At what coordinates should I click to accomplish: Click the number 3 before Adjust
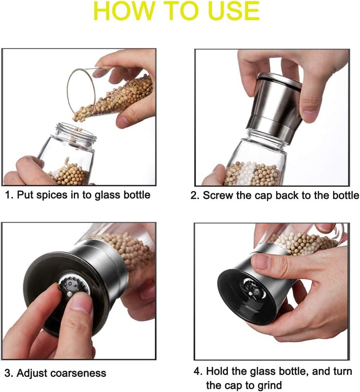pos(7,373)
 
